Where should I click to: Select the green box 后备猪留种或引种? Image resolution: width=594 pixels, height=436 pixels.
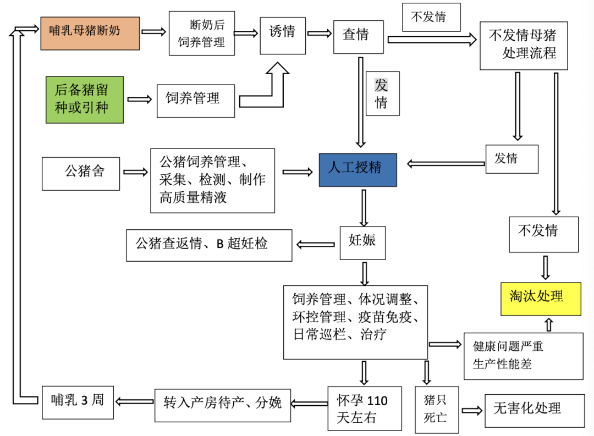pos(84,100)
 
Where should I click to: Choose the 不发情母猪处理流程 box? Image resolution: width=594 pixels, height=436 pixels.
pos(523,46)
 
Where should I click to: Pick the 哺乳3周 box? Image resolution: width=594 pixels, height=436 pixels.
pos(79,401)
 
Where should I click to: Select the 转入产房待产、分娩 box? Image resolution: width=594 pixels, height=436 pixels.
pos(222,404)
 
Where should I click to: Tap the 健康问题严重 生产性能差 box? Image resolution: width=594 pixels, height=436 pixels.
pos(523,356)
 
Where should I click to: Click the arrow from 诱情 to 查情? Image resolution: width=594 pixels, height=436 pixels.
pos(320,34)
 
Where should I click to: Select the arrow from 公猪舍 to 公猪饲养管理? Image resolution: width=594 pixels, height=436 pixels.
pos(136,172)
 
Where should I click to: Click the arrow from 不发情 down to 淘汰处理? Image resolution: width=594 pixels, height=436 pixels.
pos(546,267)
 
